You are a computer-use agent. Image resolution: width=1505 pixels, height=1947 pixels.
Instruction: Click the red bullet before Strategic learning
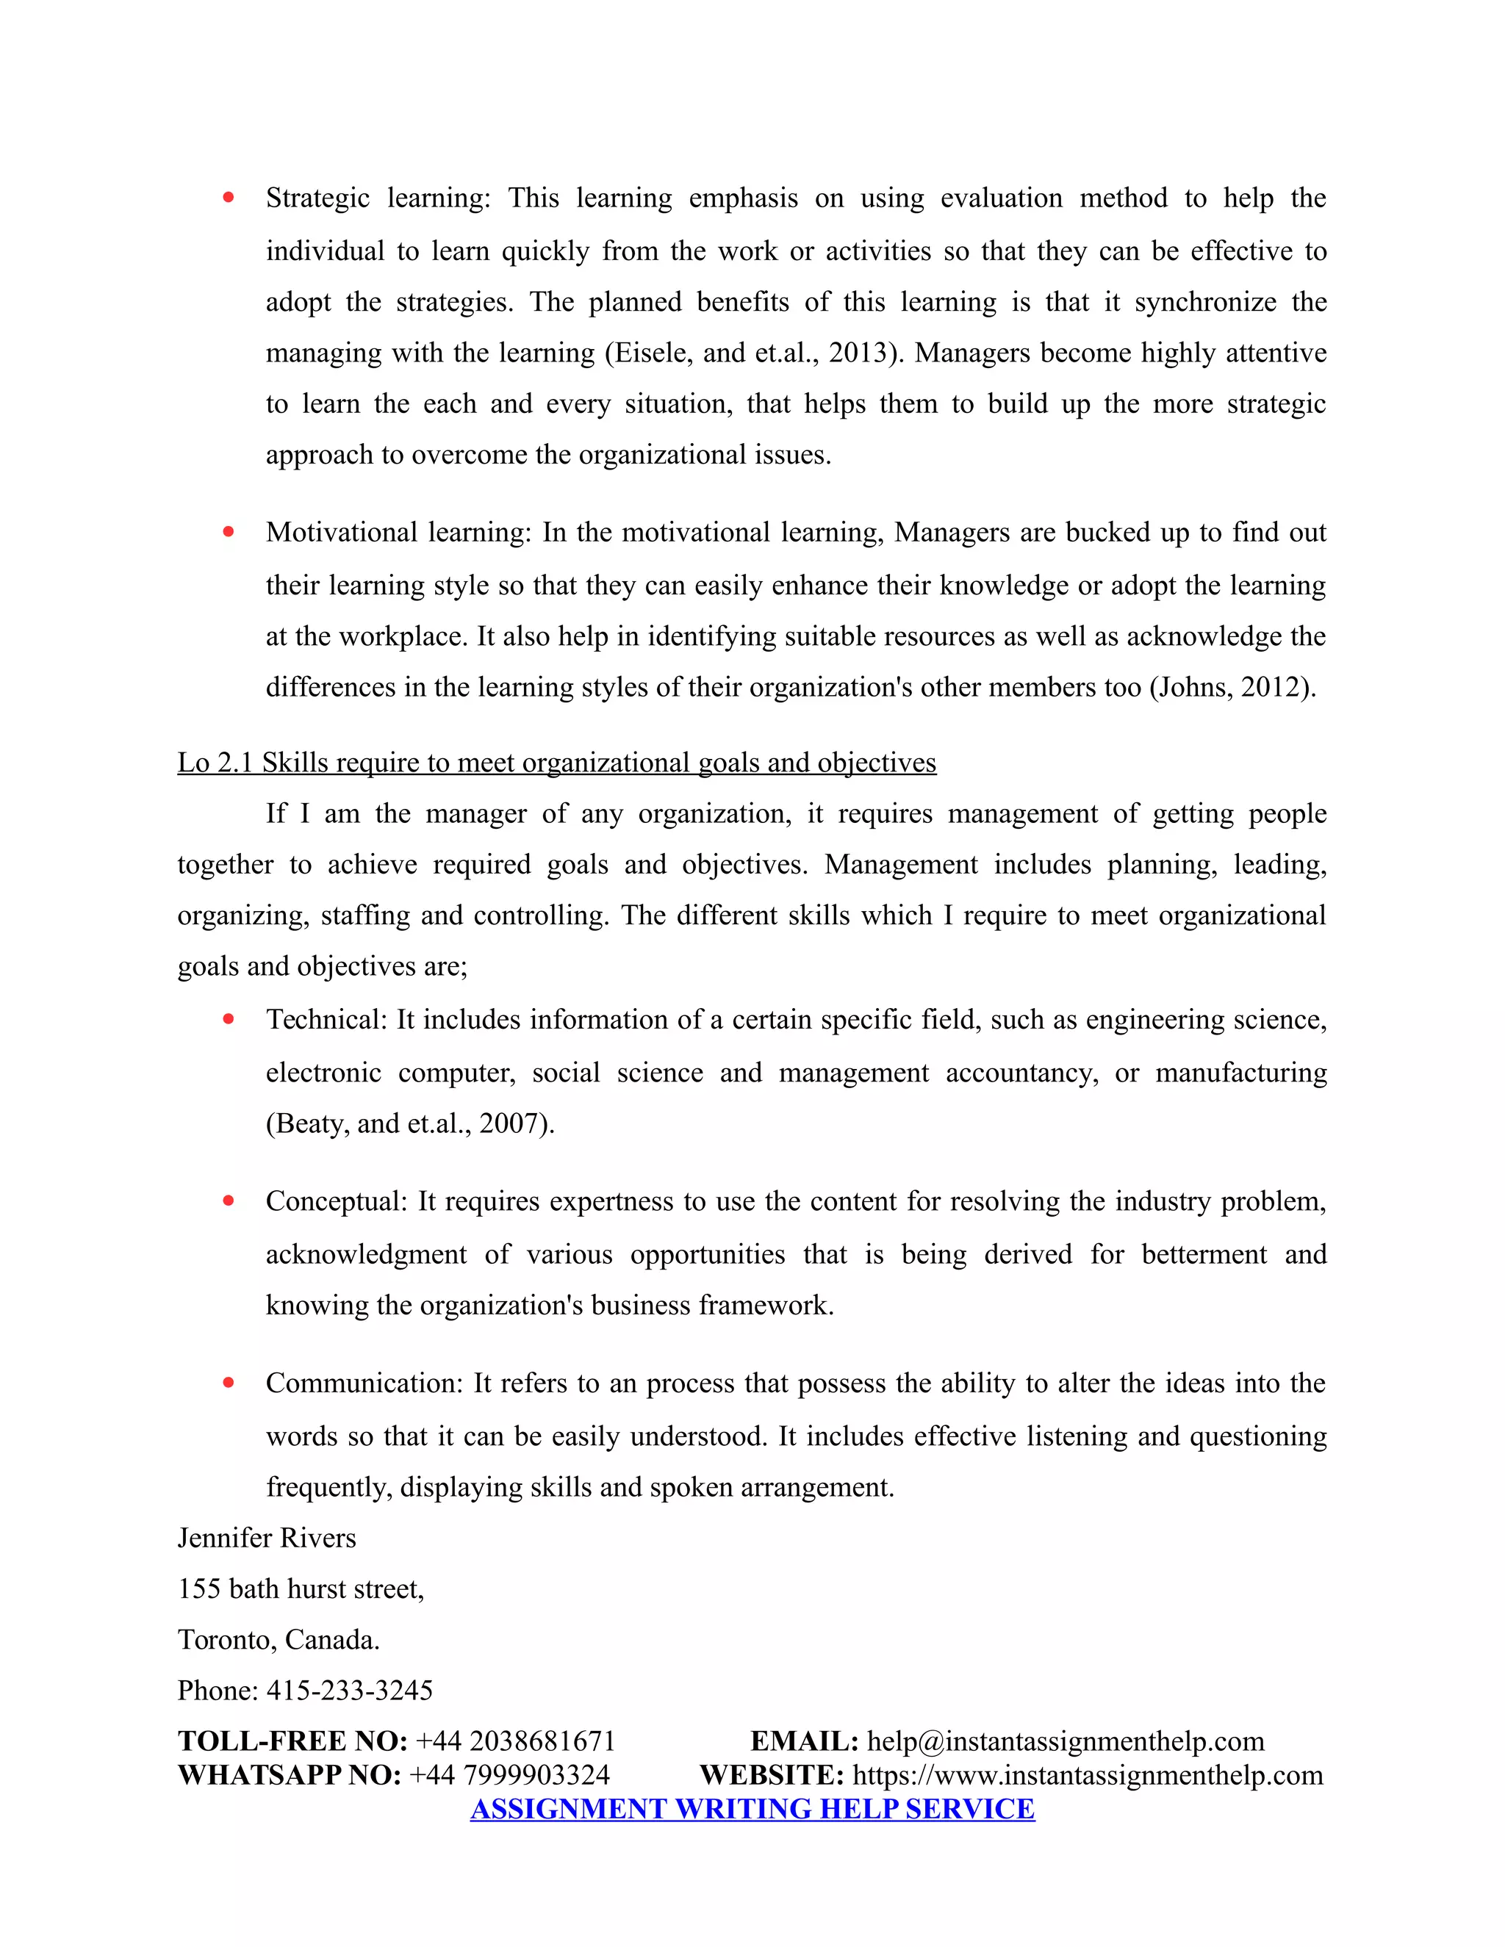229,198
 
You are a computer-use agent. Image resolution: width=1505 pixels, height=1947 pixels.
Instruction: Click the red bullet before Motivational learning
229,532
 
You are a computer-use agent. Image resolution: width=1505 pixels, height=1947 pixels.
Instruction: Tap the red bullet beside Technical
229,1019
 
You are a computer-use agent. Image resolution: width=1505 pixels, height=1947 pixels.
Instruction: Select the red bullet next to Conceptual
229,1201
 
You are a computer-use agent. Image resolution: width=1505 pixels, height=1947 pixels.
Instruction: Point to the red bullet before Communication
229,1383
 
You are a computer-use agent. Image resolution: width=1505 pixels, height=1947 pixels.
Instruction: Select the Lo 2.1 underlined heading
556,763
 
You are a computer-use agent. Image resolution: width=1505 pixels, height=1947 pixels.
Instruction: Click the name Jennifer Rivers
267,1538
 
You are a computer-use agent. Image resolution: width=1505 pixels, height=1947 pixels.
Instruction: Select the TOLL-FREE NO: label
292,1741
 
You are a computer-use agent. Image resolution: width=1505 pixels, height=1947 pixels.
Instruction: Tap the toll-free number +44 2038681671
515,1741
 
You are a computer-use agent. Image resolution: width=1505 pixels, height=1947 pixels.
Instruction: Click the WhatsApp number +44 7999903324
509,1775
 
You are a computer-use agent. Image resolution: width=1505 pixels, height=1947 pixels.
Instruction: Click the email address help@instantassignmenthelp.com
1066,1741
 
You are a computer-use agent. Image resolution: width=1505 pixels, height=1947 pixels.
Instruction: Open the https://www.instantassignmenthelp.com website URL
1088,1775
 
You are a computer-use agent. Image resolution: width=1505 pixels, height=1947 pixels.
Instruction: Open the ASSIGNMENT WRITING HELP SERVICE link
752,1809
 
